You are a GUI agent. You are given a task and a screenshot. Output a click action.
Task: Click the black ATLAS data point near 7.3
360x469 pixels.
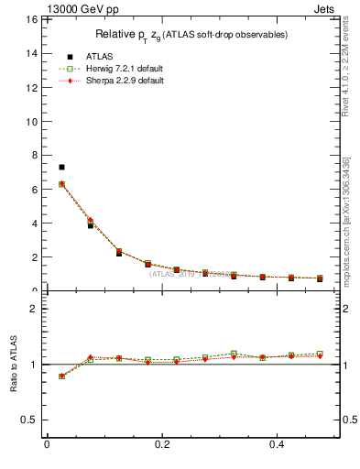61,167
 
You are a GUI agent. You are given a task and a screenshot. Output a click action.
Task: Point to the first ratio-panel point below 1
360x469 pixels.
61,376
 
